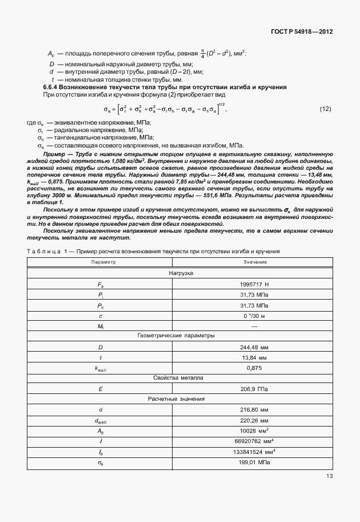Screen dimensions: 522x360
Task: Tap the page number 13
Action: (x=329, y=476)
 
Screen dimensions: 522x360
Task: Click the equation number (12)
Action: (x=325, y=109)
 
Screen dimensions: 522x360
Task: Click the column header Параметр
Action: (x=103, y=262)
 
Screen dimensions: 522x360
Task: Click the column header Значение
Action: (x=255, y=262)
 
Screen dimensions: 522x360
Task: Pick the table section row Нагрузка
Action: (x=181, y=273)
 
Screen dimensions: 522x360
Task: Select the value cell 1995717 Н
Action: (x=255, y=284)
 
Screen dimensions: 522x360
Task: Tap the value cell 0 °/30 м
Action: (x=255, y=316)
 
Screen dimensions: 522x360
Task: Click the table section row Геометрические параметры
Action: (x=181, y=336)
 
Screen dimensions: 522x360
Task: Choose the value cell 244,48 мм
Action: (x=255, y=347)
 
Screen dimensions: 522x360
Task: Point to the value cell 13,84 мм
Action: (x=255, y=357)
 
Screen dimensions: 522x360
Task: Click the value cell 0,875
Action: (x=255, y=368)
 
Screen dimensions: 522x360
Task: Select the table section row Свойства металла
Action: (x=181, y=378)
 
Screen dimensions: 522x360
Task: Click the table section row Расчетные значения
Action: (x=181, y=399)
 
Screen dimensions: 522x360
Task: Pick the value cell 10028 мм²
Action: (x=255, y=431)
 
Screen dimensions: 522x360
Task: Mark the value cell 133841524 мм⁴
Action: (x=255, y=451)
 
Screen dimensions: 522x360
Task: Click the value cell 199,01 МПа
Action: (x=255, y=461)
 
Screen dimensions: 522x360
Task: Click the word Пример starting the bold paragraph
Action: (x=54, y=154)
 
